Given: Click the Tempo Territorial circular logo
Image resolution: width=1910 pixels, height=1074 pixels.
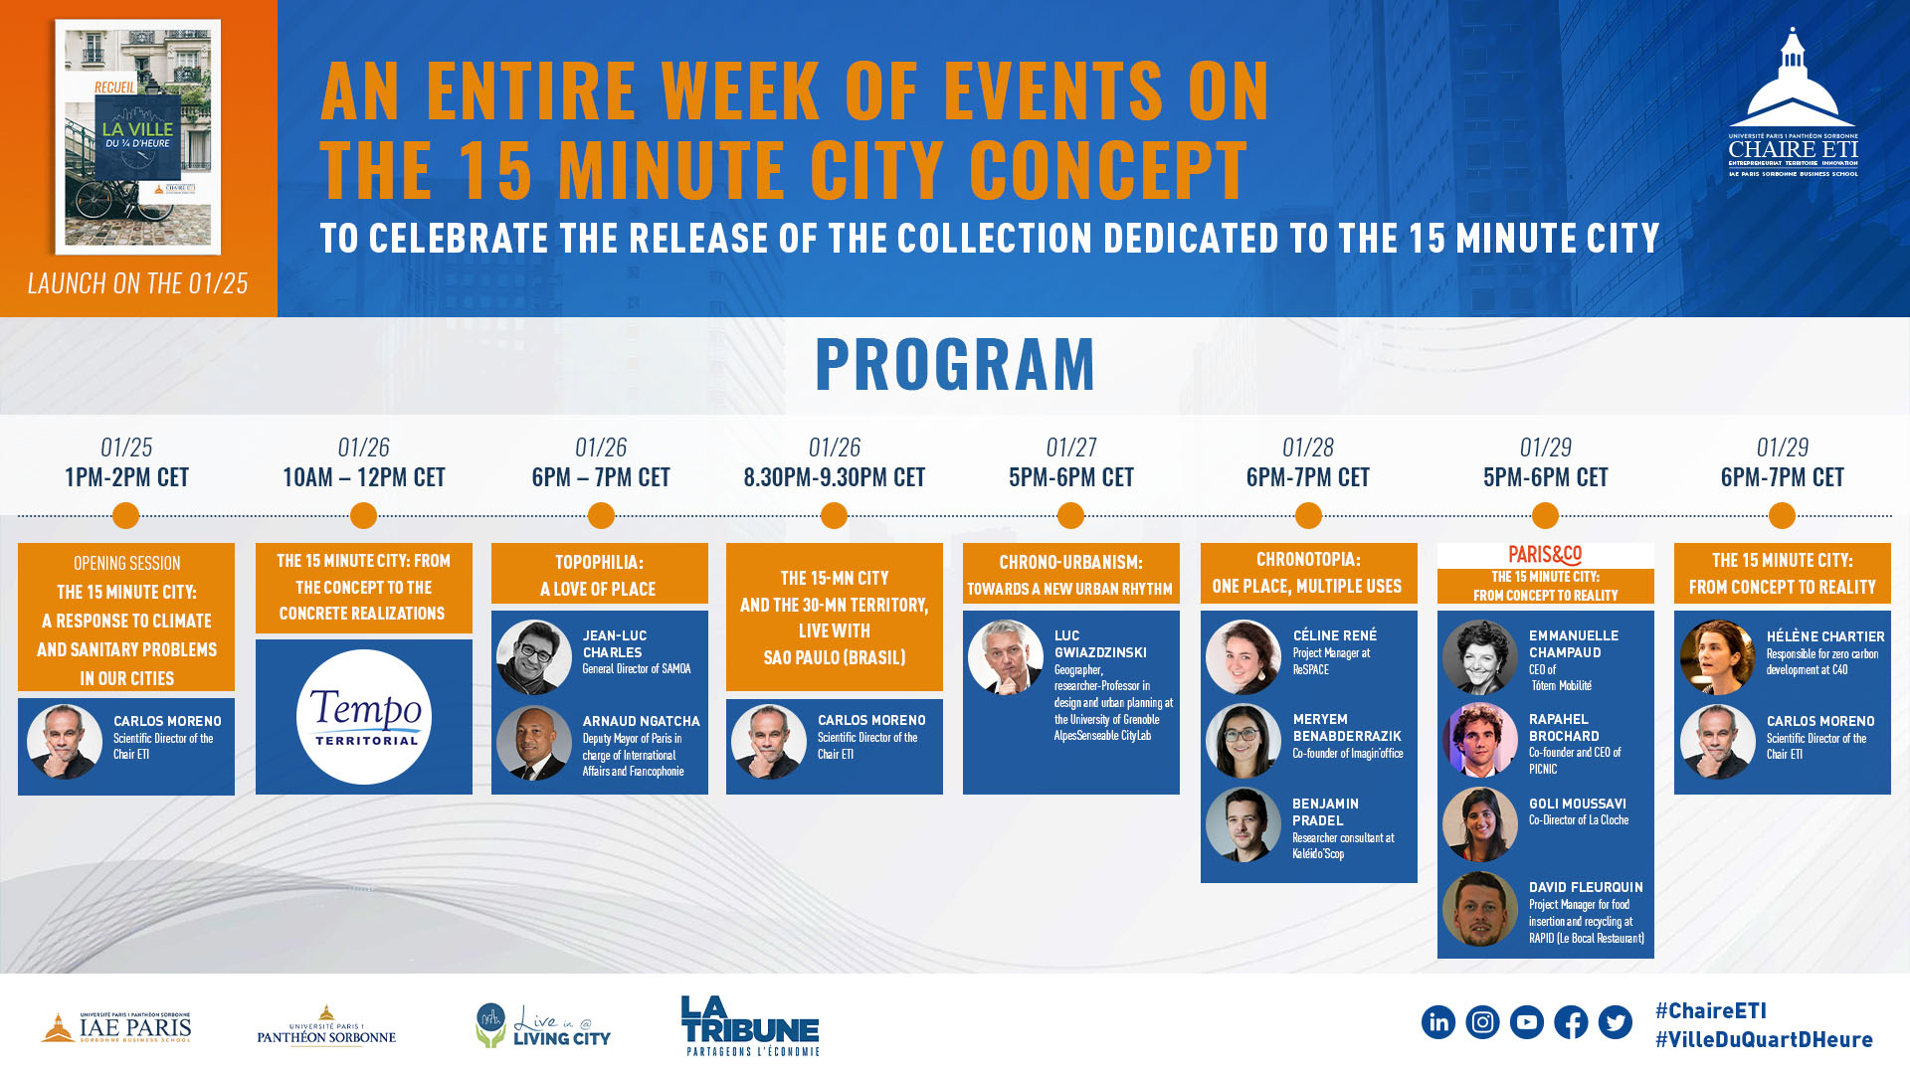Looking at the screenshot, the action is click(x=364, y=716).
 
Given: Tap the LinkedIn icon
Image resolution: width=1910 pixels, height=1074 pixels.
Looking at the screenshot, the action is click(x=1438, y=1022).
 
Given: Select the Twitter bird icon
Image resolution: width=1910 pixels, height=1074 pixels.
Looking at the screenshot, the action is click(x=1616, y=1022).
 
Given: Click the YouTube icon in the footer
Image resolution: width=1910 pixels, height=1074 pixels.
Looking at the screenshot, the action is click(x=1527, y=1022).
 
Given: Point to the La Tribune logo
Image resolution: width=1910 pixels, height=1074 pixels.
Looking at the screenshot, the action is click(x=751, y=1025).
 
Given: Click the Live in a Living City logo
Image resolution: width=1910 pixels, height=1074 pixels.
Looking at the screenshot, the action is click(x=543, y=1025).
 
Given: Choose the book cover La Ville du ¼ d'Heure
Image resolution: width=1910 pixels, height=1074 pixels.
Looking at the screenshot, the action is click(x=138, y=137).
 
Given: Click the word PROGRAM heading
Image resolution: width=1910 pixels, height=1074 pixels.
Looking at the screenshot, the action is click(x=955, y=364).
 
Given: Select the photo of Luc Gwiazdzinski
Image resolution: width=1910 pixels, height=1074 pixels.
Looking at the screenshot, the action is click(x=1006, y=657).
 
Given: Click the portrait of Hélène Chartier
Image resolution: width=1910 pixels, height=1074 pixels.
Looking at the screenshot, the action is click(x=1718, y=657).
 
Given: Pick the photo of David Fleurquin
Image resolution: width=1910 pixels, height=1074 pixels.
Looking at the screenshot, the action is click(x=1480, y=909).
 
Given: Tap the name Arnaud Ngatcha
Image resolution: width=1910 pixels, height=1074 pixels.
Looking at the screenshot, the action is click(x=642, y=721).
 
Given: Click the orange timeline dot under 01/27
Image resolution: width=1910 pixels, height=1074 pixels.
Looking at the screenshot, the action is click(x=1070, y=515).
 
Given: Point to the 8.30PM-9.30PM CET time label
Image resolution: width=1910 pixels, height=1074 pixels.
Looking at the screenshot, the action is click(x=835, y=477).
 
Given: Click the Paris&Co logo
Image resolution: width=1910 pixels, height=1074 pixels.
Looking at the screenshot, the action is click(x=1545, y=555).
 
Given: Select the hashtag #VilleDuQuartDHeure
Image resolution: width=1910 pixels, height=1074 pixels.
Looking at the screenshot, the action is click(x=1764, y=1039).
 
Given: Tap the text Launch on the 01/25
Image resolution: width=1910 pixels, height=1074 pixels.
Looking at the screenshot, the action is click(x=138, y=283).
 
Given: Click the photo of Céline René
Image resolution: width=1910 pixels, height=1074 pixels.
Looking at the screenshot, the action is click(x=1243, y=657).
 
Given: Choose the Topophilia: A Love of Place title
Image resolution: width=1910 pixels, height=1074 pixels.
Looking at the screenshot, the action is click(x=599, y=575).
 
